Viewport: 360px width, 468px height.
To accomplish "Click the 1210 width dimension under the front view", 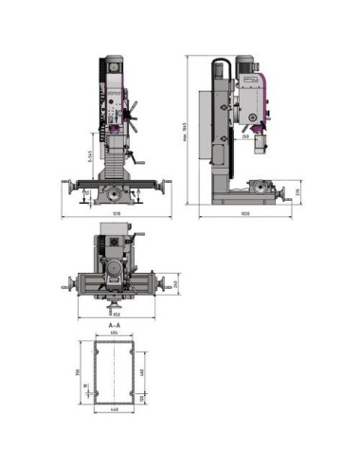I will (x=116, y=215).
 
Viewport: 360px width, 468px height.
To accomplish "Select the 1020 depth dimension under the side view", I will (x=244, y=215).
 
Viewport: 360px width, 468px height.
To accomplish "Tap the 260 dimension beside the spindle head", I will (x=244, y=135).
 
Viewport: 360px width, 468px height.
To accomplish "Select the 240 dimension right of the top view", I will (x=175, y=283).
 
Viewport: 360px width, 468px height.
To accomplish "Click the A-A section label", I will (x=115, y=324).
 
